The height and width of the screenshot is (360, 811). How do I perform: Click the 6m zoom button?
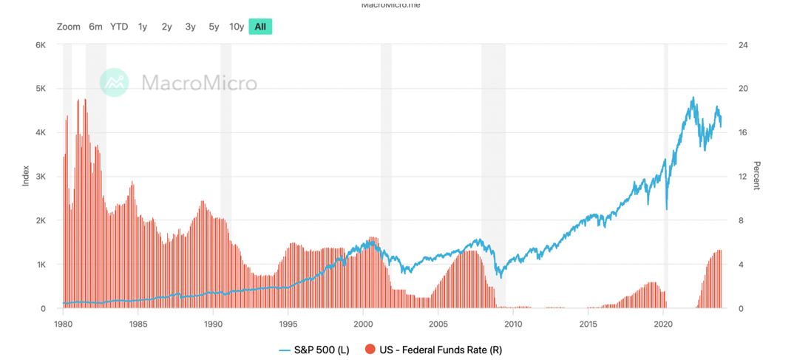tap(95, 27)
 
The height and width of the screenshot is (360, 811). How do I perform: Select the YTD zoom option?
tap(119, 27)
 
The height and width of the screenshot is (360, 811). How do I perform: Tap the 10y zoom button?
tap(237, 27)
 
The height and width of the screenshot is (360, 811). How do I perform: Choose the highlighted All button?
tap(260, 27)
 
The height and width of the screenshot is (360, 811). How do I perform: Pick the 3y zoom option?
tap(190, 27)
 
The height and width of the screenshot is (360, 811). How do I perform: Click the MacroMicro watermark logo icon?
tap(115, 82)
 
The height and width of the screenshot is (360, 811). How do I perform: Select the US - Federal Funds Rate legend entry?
tap(437, 349)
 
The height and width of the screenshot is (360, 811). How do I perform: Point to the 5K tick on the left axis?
tap(41, 89)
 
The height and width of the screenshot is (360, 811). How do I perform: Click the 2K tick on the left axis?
tap(41, 221)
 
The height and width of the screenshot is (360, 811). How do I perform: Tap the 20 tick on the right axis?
tap(744, 89)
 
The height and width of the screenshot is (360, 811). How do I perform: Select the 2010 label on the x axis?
tap(513, 324)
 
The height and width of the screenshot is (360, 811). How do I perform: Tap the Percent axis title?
tap(756, 175)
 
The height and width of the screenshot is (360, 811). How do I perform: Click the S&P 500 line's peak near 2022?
tap(693, 97)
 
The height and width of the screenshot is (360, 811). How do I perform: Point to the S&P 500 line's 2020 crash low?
tap(667, 209)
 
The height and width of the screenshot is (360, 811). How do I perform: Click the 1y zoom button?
tap(142, 27)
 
